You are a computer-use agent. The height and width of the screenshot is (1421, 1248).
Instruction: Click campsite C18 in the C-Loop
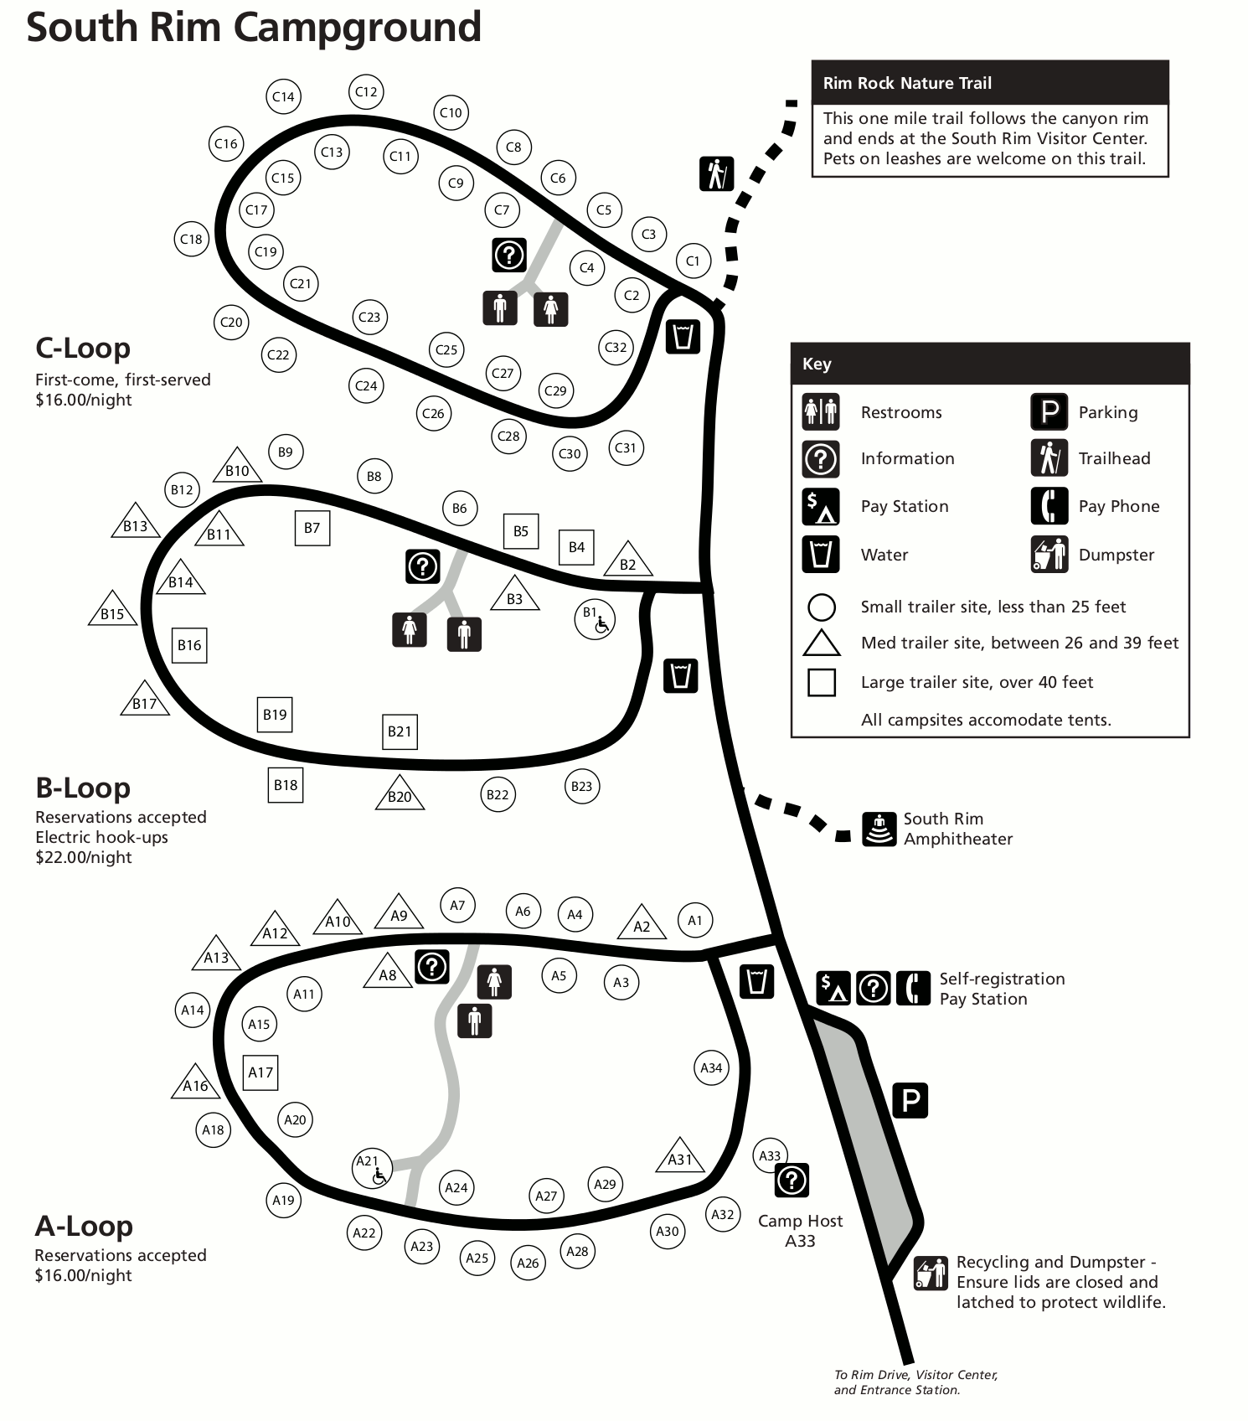[x=191, y=240]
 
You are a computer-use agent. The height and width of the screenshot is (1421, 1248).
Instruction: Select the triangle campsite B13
[x=136, y=524]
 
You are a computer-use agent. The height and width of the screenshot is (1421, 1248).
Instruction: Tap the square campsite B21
[x=400, y=731]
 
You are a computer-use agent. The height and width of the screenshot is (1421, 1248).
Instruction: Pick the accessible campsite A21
[x=371, y=1169]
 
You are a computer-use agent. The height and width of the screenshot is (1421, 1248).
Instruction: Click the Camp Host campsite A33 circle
[x=769, y=1156]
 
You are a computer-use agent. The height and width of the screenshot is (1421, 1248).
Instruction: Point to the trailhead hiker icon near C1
[x=716, y=173]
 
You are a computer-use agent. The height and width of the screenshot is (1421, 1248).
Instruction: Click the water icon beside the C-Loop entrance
[x=683, y=337]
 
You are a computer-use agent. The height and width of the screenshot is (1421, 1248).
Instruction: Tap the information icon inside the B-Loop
[x=422, y=566]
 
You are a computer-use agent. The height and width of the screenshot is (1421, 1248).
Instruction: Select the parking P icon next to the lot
[x=910, y=1100]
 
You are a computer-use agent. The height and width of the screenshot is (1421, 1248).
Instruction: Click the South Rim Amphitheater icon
[x=879, y=829]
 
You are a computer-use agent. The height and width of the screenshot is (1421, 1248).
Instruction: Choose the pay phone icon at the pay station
[x=912, y=988]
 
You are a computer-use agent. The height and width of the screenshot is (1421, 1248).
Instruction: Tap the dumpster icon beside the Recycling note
[x=931, y=1274]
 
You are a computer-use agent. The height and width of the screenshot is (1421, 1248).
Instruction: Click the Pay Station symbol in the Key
[x=821, y=506]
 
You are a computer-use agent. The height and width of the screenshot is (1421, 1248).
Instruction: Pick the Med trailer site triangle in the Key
[x=821, y=643]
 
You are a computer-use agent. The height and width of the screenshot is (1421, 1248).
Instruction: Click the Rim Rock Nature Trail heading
[x=907, y=83]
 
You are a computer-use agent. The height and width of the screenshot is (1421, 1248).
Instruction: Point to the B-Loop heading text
[x=83, y=788]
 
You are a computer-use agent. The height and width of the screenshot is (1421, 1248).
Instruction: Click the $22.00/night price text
[x=84, y=857]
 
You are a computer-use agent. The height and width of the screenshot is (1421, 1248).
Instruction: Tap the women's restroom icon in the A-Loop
[x=494, y=981]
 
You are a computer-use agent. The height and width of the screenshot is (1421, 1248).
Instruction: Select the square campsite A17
[x=260, y=1072]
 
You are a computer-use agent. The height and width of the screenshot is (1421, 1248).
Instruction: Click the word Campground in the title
[x=357, y=27]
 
